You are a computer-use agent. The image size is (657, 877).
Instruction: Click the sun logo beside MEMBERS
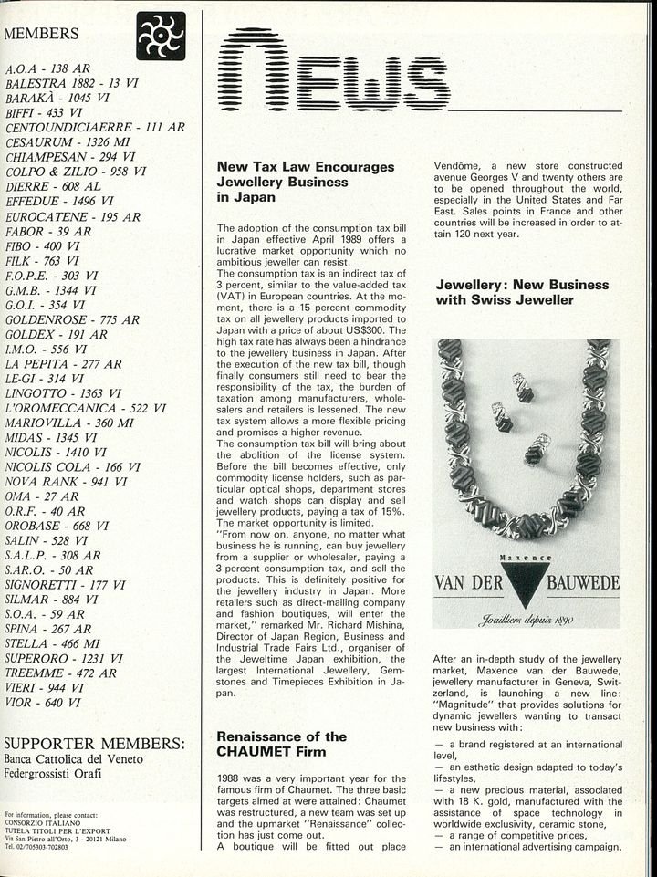pyautogui.click(x=161, y=36)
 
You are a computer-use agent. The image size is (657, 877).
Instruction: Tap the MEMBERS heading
pyautogui.click(x=42, y=34)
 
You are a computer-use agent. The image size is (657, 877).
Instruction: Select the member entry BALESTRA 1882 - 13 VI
pyautogui.click(x=72, y=82)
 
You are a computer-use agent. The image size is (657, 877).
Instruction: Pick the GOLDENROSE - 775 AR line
pyautogui.click(x=72, y=319)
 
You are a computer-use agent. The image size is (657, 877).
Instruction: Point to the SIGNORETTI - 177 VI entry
pyautogui.click(x=66, y=584)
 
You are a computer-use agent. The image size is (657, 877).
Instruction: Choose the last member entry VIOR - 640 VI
pyautogui.click(x=43, y=703)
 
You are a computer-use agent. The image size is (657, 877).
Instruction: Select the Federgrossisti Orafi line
pyautogui.click(x=54, y=775)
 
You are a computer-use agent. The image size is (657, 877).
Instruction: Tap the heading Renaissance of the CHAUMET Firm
pyautogui.click(x=281, y=743)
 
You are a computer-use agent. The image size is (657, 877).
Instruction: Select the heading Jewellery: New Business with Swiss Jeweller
pyautogui.click(x=522, y=291)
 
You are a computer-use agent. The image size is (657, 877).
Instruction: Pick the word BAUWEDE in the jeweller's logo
pyautogui.click(x=582, y=582)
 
